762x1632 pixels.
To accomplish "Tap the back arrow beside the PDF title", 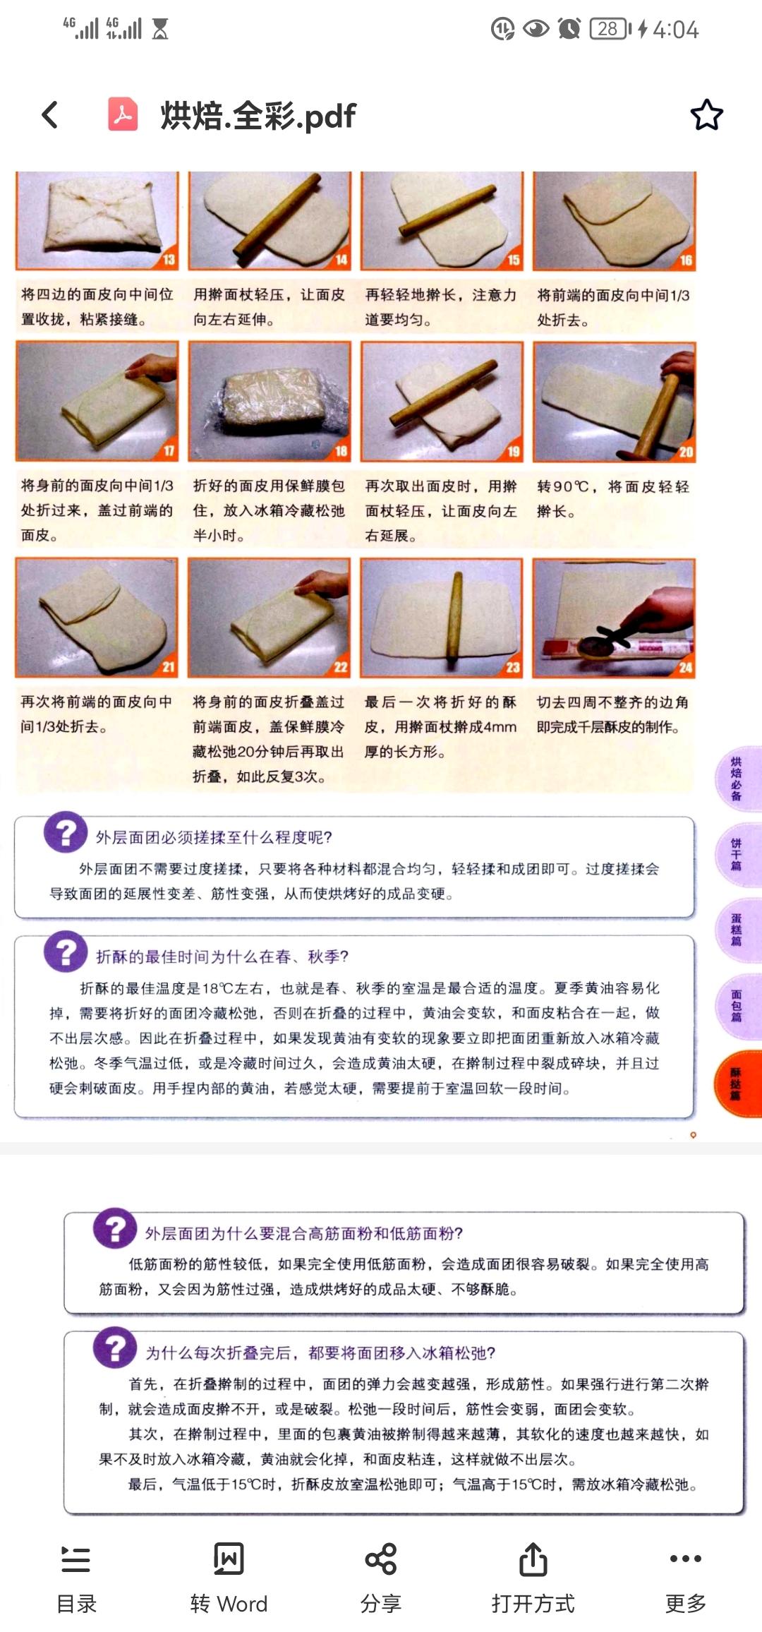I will [49, 115].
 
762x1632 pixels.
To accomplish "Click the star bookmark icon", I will [706, 115].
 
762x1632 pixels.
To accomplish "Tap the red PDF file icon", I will [123, 114].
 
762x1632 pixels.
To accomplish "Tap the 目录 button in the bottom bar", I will [76, 1578].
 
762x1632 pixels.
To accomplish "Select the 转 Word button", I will [229, 1578].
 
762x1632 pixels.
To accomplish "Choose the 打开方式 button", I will [533, 1578].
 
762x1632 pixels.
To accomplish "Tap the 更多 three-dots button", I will [685, 1578].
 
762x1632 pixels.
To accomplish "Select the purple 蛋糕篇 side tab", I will [737, 929].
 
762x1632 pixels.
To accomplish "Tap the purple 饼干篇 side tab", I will [737, 854].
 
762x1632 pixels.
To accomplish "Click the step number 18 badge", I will [341, 451].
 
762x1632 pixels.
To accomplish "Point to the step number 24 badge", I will [685, 667].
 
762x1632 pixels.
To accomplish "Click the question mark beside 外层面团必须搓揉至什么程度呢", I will [66, 833].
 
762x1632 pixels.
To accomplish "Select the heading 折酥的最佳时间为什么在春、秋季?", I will [222, 956].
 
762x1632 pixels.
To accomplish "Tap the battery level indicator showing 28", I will [609, 29].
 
